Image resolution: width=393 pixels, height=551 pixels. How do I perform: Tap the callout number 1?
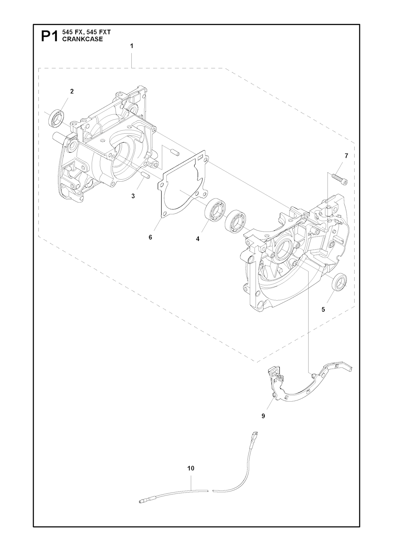tap(132, 46)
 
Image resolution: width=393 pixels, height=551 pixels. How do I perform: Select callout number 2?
tap(72, 91)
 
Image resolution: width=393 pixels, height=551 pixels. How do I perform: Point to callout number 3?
tap(133, 196)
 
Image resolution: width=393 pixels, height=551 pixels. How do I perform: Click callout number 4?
tap(198, 239)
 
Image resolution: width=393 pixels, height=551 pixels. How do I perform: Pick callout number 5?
tap(323, 309)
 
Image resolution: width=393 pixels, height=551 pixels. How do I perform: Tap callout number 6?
tap(150, 237)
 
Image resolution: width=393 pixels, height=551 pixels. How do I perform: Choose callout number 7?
tap(346, 156)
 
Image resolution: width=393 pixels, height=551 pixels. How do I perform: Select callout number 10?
tap(191, 468)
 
